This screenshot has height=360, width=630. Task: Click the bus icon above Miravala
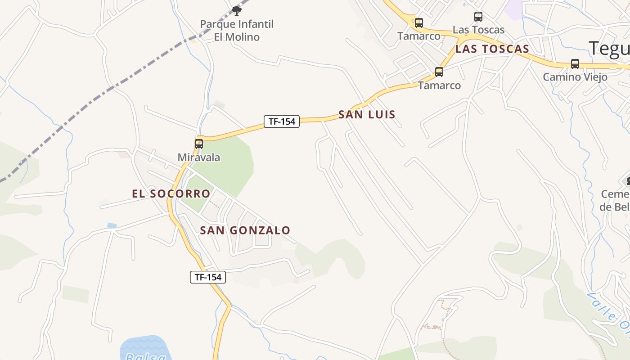(x=199, y=144)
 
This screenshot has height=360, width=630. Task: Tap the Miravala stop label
(x=199, y=157)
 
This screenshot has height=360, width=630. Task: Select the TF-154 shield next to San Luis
(x=282, y=121)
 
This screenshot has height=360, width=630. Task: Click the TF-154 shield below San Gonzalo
(x=207, y=277)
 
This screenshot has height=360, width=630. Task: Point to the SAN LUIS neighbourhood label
(x=367, y=115)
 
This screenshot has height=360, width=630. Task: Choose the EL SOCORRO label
(x=171, y=194)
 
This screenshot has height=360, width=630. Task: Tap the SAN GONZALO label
(x=245, y=230)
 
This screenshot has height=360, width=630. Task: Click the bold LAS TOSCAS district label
(x=492, y=49)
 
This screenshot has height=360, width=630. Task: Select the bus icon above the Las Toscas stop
(x=478, y=17)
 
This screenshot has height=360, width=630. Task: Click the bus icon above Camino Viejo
(x=575, y=64)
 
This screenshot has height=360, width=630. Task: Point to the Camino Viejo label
(x=575, y=77)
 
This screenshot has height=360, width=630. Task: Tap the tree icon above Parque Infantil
(x=236, y=10)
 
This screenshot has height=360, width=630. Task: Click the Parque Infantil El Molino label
(x=237, y=30)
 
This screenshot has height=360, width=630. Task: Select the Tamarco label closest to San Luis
(x=440, y=85)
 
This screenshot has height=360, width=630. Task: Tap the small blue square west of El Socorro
(x=112, y=225)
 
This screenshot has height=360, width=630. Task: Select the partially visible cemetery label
(x=615, y=201)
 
